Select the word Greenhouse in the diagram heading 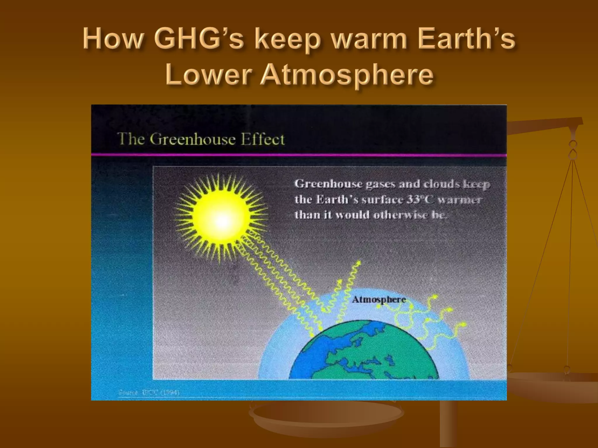click(x=192, y=139)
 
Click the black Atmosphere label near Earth click(x=379, y=300)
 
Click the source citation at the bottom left click(x=148, y=393)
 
